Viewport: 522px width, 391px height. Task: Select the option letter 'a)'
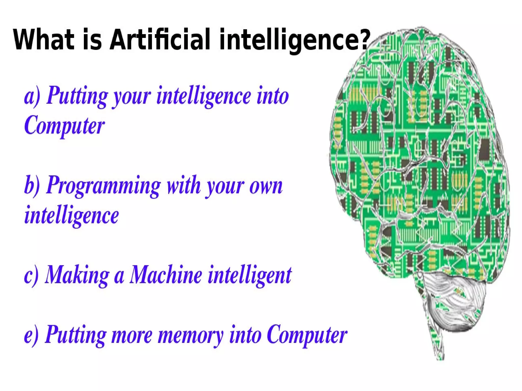(32, 96)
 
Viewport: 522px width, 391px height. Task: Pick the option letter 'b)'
(32, 185)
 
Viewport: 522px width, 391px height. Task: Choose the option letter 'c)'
(31, 275)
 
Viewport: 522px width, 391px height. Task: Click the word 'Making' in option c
(77, 275)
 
